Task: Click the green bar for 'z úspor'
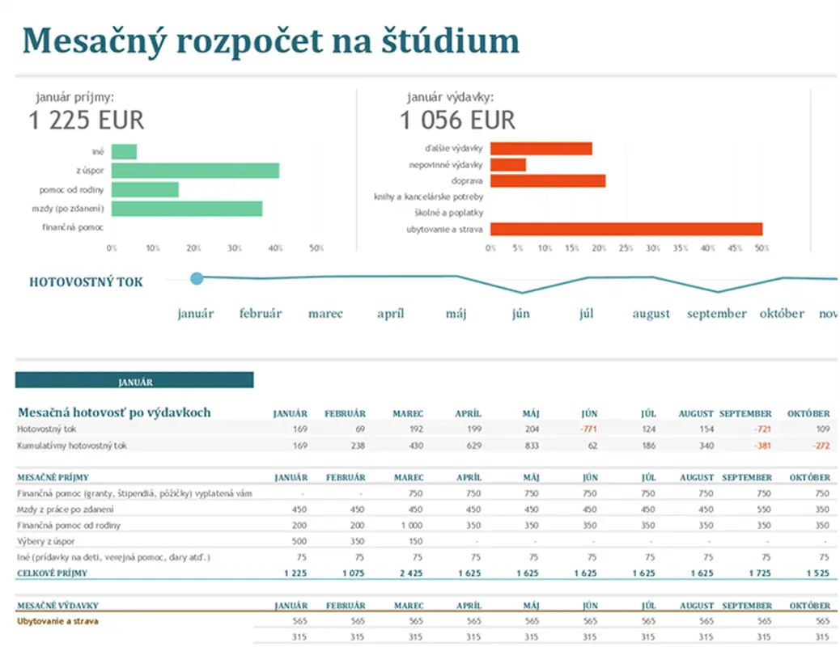[x=195, y=171]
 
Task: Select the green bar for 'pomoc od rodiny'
[x=145, y=190]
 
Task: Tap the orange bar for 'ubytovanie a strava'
[x=626, y=229]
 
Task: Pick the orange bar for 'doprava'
[x=548, y=180]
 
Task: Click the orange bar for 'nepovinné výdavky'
[x=508, y=165]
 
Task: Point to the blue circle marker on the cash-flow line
[x=197, y=278]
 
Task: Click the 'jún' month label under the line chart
[x=520, y=314]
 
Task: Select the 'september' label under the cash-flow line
[x=716, y=314]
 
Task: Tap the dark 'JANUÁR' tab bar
[x=134, y=380]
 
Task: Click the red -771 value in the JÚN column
[x=588, y=429]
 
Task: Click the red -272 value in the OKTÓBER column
[x=821, y=445]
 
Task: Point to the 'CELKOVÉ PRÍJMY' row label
[x=52, y=573]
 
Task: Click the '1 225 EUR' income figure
[x=86, y=121]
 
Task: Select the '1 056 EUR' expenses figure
[x=457, y=121]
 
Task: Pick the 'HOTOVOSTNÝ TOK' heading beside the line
[x=86, y=282]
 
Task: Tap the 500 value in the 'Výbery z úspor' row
[x=299, y=541]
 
